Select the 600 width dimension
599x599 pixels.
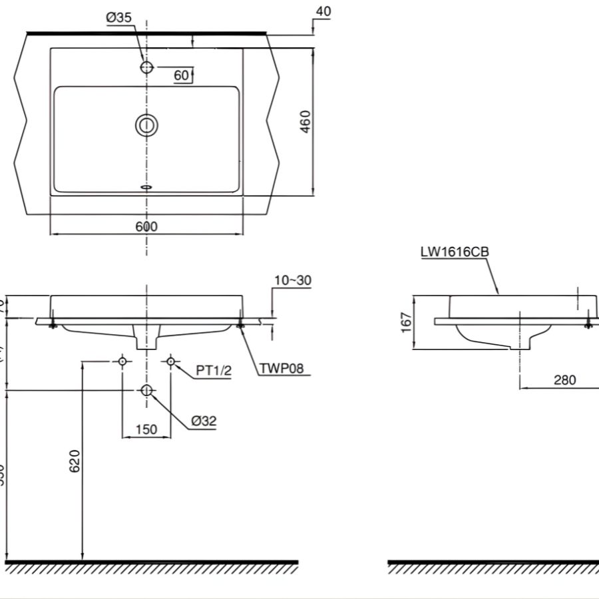pyautogui.click(x=146, y=226)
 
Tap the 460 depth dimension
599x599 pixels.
pyautogui.click(x=305, y=122)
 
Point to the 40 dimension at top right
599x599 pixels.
pyautogui.click(x=323, y=11)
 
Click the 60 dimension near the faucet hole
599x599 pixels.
pyautogui.click(x=181, y=75)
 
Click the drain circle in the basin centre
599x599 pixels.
pyautogui.click(x=146, y=125)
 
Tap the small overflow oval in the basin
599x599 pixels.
pyautogui.click(x=147, y=187)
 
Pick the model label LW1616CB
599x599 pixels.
pyautogui.click(x=455, y=252)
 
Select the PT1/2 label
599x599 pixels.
pyautogui.click(x=214, y=371)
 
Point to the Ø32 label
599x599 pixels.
pyautogui.click(x=204, y=421)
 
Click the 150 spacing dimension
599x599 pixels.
pyautogui.click(x=146, y=429)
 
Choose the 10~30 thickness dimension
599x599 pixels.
pyautogui.click(x=292, y=280)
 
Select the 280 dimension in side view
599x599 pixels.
pyautogui.click(x=564, y=380)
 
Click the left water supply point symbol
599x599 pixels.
pyautogui.click(x=122, y=361)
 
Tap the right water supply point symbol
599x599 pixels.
pyautogui.click(x=170, y=361)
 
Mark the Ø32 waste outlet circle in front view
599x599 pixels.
pyautogui.click(x=147, y=390)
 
